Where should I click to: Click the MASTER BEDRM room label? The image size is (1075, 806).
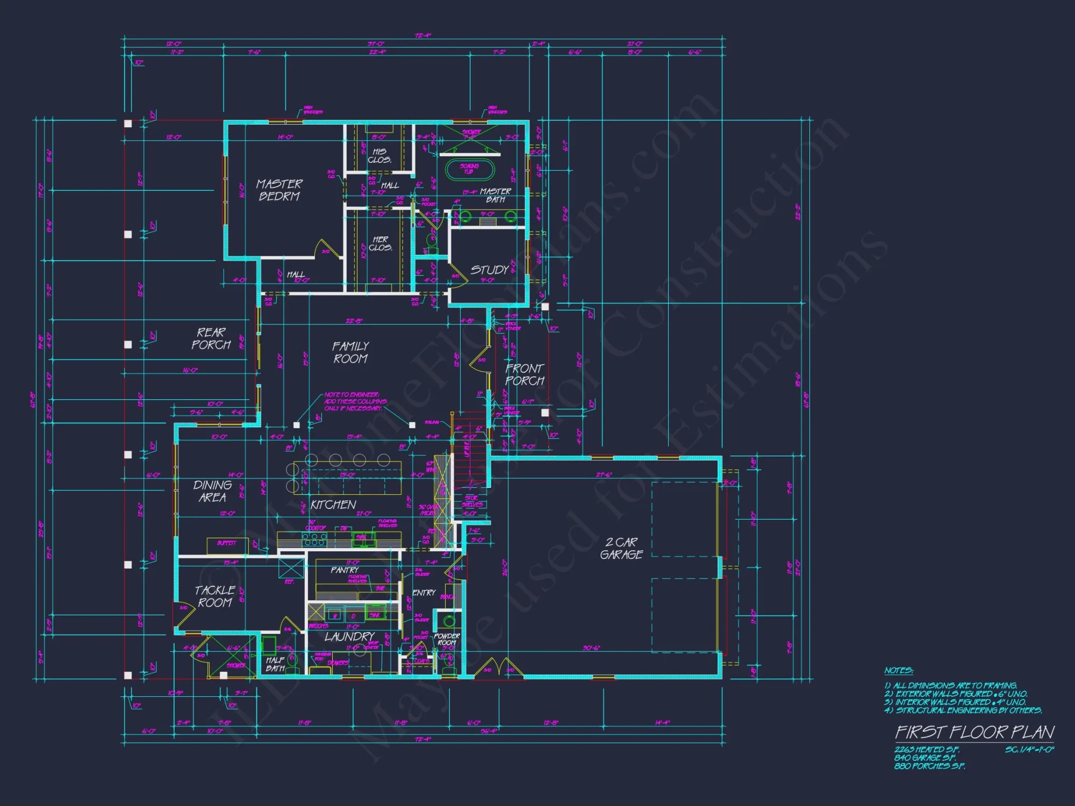pos(279,190)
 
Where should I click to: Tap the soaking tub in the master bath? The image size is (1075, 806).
pos(469,169)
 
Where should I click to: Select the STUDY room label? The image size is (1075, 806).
pos(490,270)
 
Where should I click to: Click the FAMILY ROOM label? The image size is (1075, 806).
pos(350,352)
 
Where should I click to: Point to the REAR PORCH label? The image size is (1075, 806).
pos(211,339)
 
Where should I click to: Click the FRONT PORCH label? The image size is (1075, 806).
pos(525,375)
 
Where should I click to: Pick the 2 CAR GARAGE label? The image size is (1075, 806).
pos(621,548)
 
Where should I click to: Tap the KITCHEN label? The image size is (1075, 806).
pos(333,505)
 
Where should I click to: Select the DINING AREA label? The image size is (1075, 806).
pos(212,491)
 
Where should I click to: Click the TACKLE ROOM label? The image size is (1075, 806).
pos(214,596)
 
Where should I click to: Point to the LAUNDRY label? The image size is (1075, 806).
pos(349,637)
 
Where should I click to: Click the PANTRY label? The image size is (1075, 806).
pos(345,570)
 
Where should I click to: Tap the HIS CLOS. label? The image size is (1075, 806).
pos(379,156)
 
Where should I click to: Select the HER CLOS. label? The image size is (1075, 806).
pos(380,243)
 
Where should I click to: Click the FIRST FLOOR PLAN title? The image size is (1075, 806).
pos(974,732)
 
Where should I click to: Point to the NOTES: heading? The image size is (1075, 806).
pos(898,671)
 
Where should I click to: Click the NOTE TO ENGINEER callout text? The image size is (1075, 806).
pos(355,401)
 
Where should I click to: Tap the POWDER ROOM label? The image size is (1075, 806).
pos(447,639)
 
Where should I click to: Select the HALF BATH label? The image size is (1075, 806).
pos(275,664)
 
